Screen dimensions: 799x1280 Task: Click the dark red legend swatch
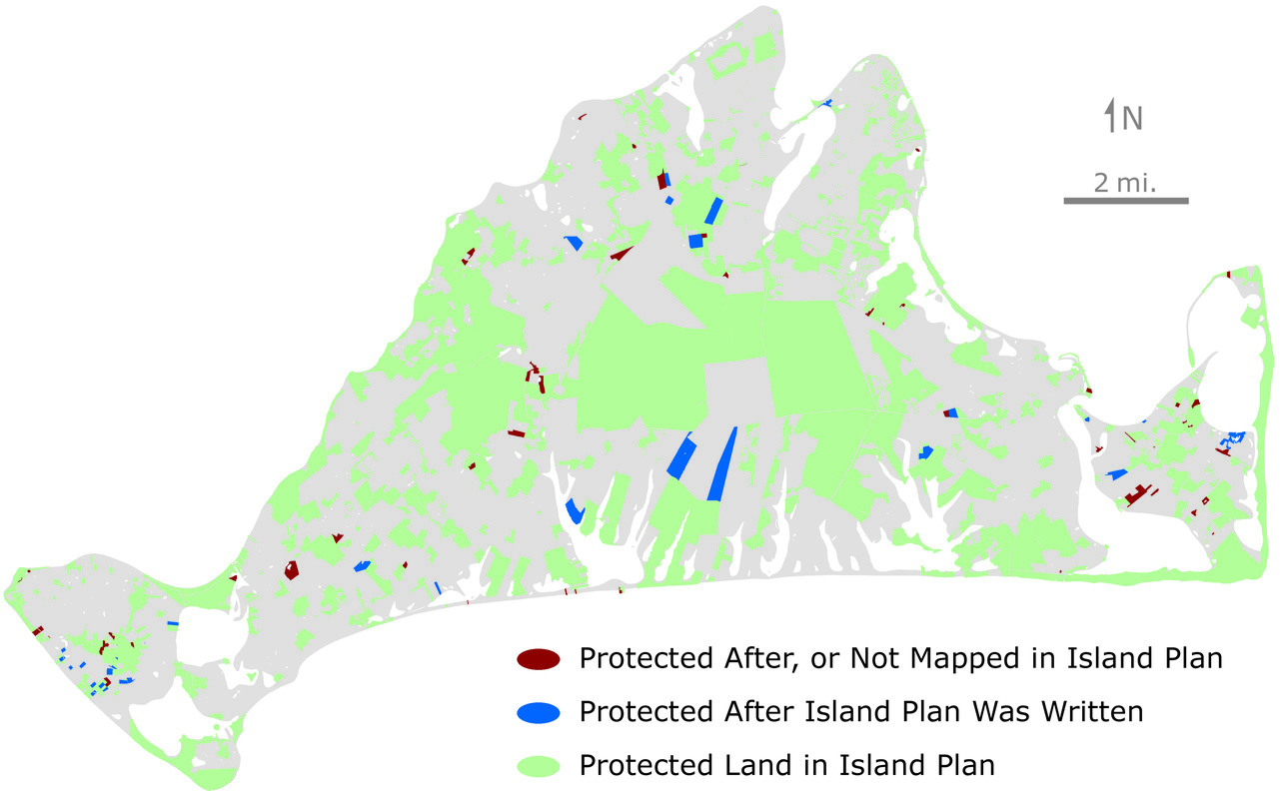(x=538, y=659)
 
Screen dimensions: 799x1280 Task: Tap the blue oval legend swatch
(x=538, y=713)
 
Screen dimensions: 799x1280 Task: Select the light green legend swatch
(x=538, y=766)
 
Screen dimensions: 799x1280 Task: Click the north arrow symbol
(x=1109, y=117)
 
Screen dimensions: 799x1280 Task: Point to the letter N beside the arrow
(x=1132, y=119)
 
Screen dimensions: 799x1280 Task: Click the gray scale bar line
(x=1125, y=201)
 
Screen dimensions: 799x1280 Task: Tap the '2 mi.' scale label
(x=1125, y=183)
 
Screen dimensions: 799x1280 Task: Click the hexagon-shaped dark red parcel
(x=291, y=569)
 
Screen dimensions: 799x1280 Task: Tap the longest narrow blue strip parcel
(x=722, y=464)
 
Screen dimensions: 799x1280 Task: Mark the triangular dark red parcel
(x=623, y=254)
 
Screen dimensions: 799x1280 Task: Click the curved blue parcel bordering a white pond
(x=575, y=511)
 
